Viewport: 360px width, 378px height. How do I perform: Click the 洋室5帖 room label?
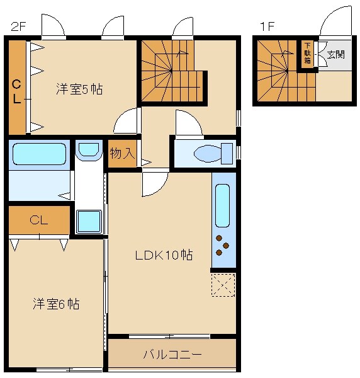[79, 89]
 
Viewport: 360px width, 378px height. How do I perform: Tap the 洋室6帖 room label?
[57, 304]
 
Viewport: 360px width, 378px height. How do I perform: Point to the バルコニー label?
[172, 355]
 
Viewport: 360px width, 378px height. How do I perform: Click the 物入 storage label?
[122, 153]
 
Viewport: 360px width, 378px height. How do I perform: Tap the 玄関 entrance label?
[335, 54]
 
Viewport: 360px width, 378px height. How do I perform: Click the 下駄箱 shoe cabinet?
[307, 54]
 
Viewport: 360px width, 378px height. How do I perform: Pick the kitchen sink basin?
[223, 205]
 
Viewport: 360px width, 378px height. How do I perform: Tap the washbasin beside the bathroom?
[88, 149]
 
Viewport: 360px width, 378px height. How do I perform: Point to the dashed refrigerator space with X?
[223, 285]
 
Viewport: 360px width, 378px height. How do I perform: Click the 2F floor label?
[18, 26]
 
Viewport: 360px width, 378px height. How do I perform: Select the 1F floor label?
[267, 26]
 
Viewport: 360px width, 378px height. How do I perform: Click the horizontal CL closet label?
[39, 220]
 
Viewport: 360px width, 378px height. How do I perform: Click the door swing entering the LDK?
[154, 183]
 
